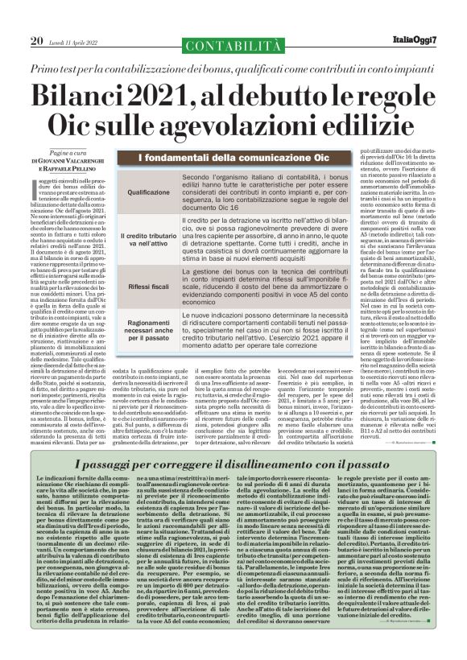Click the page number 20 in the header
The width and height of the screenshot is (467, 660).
tap(36, 18)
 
